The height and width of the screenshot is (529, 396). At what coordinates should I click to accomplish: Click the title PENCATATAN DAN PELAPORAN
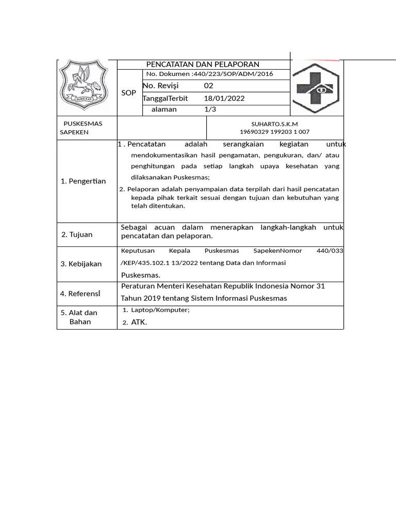[x=203, y=64]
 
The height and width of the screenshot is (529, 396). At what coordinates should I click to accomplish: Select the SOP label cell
[x=128, y=93]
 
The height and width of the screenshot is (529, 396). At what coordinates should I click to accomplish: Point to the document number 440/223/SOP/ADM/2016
[x=233, y=74]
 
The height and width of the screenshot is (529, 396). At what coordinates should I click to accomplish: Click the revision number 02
[x=208, y=86]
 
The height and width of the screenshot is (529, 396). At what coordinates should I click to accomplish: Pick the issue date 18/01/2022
[x=224, y=98]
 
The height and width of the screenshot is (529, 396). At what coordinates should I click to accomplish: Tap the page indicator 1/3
[x=210, y=109]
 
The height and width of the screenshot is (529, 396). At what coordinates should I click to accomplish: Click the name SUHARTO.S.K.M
[x=275, y=124]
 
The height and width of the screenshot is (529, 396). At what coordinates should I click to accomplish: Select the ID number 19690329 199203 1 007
[x=275, y=132]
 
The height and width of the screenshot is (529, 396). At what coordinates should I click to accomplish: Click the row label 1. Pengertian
[x=83, y=181]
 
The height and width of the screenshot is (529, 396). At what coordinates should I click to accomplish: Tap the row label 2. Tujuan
[x=77, y=235]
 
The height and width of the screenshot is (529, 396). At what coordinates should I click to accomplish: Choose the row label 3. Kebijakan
[x=81, y=264]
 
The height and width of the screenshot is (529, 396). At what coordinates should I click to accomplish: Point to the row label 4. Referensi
[x=80, y=293]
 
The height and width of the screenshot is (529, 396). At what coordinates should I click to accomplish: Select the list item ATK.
[x=139, y=322]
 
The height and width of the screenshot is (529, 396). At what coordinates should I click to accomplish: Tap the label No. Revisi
[x=160, y=86]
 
